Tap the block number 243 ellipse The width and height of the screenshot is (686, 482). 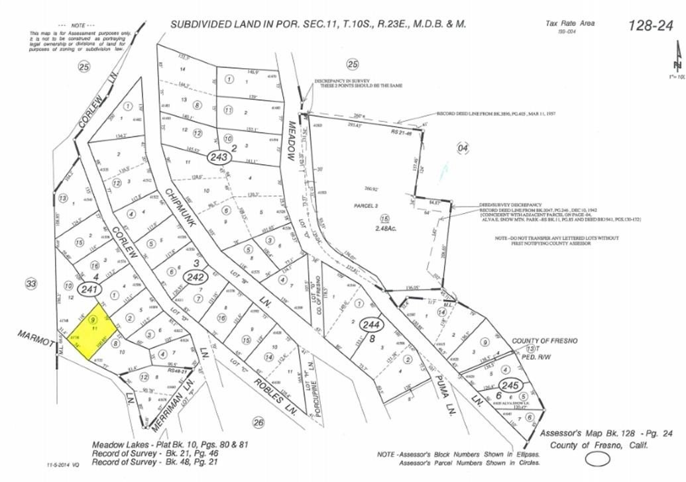pyautogui.click(x=219, y=157)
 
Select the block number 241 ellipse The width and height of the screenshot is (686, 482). pyautogui.click(x=90, y=289)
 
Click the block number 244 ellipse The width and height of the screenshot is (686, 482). pyautogui.click(x=371, y=325)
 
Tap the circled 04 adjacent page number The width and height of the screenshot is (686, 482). pyautogui.click(x=463, y=148)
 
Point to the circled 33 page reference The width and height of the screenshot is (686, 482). pyautogui.click(x=30, y=284)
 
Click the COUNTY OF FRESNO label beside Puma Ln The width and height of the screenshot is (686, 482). pyautogui.click(x=545, y=340)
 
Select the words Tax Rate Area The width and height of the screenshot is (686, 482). pyautogui.click(x=569, y=23)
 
